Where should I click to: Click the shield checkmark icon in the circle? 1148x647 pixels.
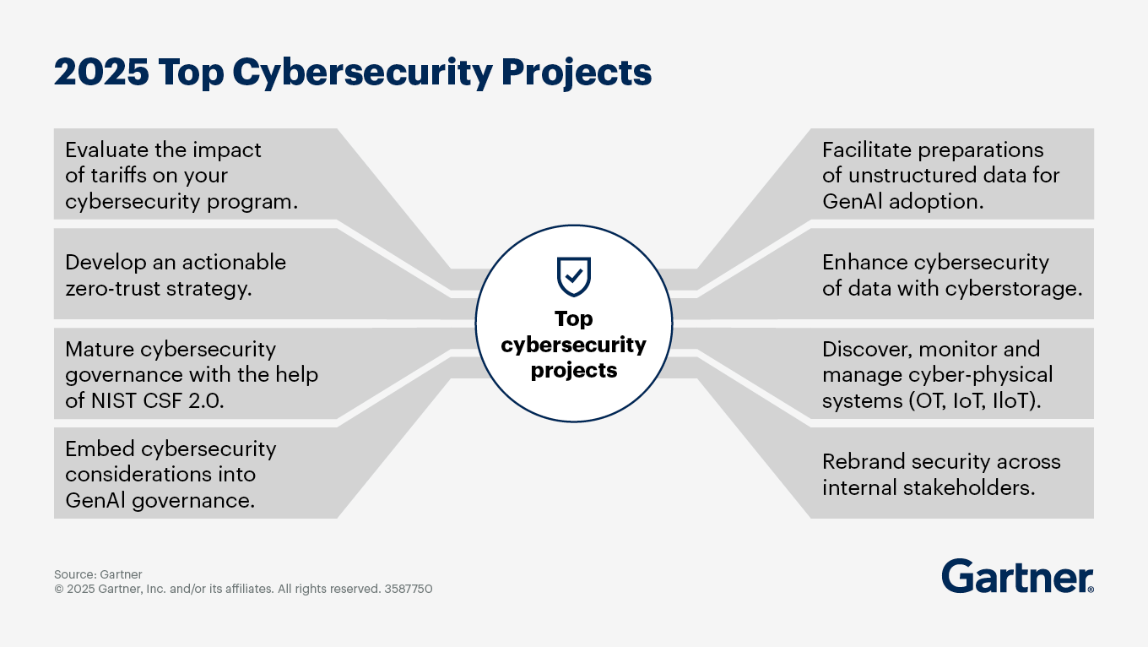pyautogui.click(x=574, y=276)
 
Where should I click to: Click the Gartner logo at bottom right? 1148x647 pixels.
pyautogui.click(x=1017, y=576)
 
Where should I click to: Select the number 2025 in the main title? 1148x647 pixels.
pyautogui.click(x=101, y=72)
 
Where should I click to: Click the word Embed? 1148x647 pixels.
pyautogui.click(x=100, y=449)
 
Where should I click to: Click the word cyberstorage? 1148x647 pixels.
pyautogui.click(x=1014, y=289)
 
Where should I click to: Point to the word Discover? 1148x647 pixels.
pyautogui.click(x=867, y=350)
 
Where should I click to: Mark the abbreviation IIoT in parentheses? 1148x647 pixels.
pyautogui.click(x=1016, y=401)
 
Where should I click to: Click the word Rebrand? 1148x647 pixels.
pyautogui.click(x=864, y=462)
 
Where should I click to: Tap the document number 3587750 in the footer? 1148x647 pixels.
pyautogui.click(x=409, y=589)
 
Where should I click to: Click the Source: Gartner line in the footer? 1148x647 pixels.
pyautogui.click(x=98, y=574)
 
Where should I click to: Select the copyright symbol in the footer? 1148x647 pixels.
pyautogui.click(x=59, y=589)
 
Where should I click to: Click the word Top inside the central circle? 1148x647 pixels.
pyautogui.click(x=573, y=319)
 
